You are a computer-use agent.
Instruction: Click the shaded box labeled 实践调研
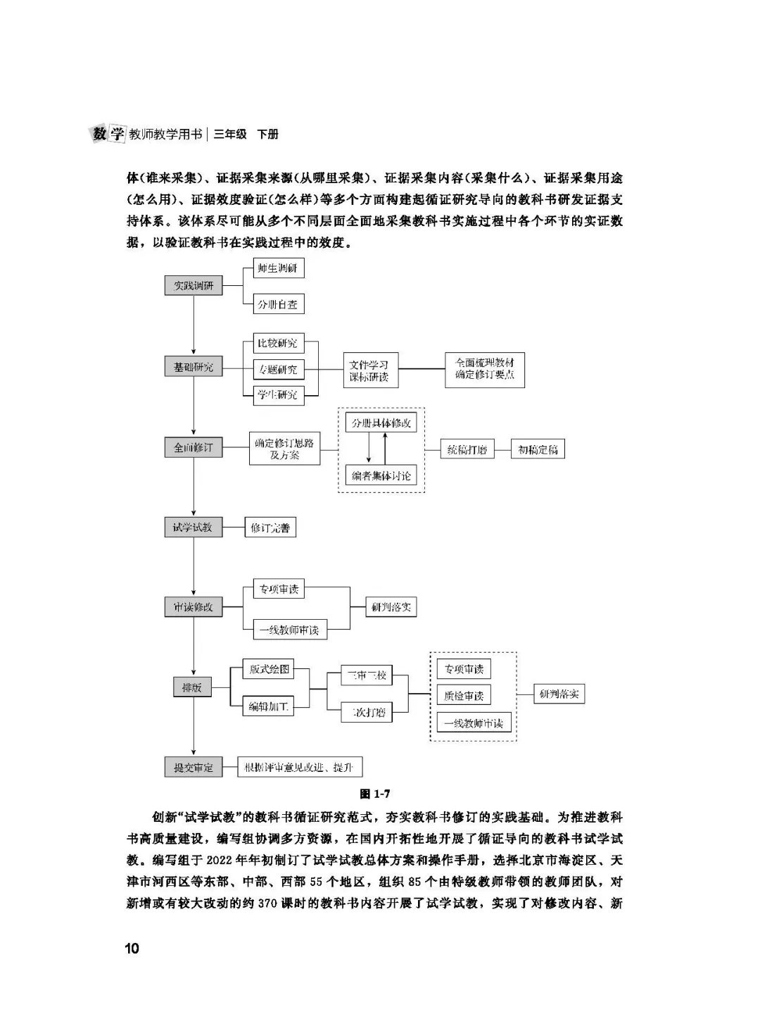coord(194,286)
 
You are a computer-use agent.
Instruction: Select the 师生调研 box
coord(277,268)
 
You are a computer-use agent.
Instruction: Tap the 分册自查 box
coord(277,304)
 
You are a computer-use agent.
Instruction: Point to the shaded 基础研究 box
coord(194,367)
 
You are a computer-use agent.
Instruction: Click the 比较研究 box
coord(277,344)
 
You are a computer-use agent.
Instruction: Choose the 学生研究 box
coord(277,394)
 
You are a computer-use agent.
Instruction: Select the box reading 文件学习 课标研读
coord(369,370)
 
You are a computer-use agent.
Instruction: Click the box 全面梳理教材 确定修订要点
coord(485,369)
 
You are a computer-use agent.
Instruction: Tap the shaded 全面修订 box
coord(194,447)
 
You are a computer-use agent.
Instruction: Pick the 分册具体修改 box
coord(381,423)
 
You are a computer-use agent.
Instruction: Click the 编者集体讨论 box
coord(381,475)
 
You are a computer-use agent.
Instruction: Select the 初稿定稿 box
coord(538,449)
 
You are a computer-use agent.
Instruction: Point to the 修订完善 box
coord(270,527)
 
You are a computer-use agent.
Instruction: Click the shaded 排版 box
coord(192,687)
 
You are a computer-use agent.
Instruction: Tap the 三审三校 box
coord(367,675)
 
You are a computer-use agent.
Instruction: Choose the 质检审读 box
coord(464,696)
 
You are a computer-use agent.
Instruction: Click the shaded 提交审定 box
coord(194,767)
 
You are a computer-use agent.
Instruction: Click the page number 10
coord(132,948)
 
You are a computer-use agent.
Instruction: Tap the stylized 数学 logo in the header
coord(108,133)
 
